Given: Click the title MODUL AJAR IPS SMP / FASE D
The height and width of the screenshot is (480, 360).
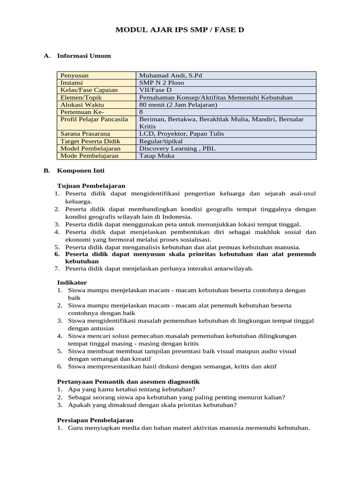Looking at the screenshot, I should (x=180, y=30).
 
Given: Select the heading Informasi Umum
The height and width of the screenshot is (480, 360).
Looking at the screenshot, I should (x=84, y=56).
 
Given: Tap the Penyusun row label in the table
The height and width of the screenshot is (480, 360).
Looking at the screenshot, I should (x=75, y=75).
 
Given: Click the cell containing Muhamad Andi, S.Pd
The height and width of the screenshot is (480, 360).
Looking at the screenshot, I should (x=171, y=75).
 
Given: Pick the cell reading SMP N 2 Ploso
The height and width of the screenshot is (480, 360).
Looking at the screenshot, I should (x=162, y=82).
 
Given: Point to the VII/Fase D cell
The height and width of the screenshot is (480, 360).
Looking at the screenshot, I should (x=156, y=90).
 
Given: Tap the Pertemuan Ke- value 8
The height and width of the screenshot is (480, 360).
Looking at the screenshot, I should (x=141, y=112).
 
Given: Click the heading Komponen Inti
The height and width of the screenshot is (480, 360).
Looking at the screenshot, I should (x=80, y=171).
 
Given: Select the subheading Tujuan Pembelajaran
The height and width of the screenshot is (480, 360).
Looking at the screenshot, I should (x=91, y=186).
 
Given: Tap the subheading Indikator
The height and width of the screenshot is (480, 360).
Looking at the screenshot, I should (x=72, y=283).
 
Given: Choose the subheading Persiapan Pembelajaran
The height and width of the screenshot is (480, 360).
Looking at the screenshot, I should (x=95, y=420).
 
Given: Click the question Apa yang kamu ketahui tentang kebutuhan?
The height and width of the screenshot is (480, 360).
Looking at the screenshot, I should (x=132, y=389).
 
